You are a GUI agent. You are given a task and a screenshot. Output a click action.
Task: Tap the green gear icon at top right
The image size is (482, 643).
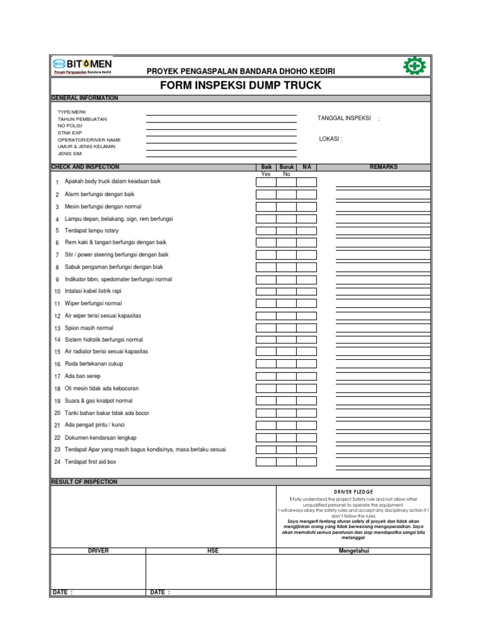click(x=412, y=66)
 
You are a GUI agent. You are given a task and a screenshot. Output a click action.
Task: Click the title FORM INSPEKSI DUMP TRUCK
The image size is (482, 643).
click(x=240, y=85)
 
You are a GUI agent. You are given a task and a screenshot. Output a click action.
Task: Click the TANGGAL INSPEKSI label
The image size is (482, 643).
click(x=345, y=118)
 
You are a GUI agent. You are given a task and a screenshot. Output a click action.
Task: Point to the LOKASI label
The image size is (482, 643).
click(x=330, y=139)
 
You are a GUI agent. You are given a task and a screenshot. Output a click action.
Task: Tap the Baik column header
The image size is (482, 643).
click(x=266, y=168)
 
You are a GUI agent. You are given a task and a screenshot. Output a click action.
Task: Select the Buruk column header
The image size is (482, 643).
click(x=286, y=168)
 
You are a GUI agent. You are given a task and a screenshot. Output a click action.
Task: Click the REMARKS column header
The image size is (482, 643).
click(x=383, y=168)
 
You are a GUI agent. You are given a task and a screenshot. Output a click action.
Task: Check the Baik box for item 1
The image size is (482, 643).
click(x=265, y=182)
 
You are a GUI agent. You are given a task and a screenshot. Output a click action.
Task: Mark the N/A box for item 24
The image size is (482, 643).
click(x=306, y=462)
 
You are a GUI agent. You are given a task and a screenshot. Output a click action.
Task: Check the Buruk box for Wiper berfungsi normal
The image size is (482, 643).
click(x=286, y=303)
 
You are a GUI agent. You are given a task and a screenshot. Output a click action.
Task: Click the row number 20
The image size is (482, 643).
click(x=57, y=413)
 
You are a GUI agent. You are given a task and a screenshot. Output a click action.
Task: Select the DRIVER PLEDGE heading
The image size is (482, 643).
click(x=353, y=492)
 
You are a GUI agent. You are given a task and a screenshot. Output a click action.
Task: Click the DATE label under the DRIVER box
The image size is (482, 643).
click(x=62, y=592)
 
